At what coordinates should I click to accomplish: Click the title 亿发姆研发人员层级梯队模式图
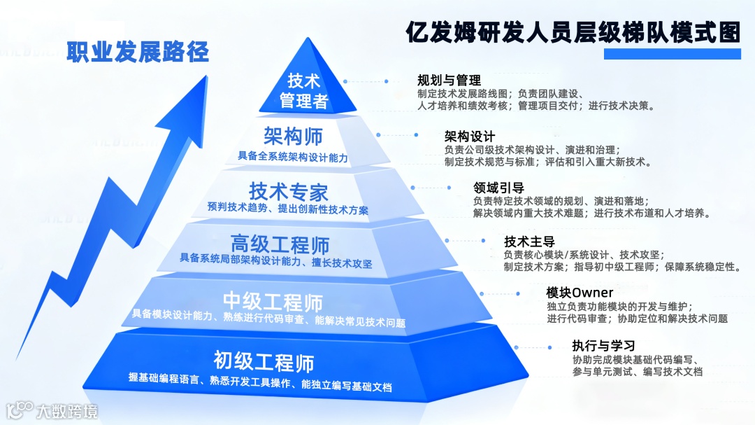click(573, 32)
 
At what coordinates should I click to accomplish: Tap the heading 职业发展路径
click(138, 52)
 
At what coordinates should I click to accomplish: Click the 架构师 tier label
click(293, 136)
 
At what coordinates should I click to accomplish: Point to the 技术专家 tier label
click(288, 190)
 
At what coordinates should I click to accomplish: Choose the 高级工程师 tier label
click(280, 244)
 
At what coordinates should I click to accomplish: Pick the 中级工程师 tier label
click(273, 302)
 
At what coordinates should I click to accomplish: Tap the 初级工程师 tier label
click(264, 362)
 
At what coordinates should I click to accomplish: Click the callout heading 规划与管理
click(449, 79)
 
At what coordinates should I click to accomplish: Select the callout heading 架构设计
click(470, 136)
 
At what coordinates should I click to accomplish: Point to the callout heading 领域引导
click(498, 187)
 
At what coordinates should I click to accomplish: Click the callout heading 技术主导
click(529, 241)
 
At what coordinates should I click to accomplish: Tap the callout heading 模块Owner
click(580, 292)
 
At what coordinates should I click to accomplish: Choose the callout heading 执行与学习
click(603, 345)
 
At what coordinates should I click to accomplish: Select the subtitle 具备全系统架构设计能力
click(293, 157)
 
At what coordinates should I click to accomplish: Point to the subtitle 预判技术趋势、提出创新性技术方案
click(288, 209)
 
